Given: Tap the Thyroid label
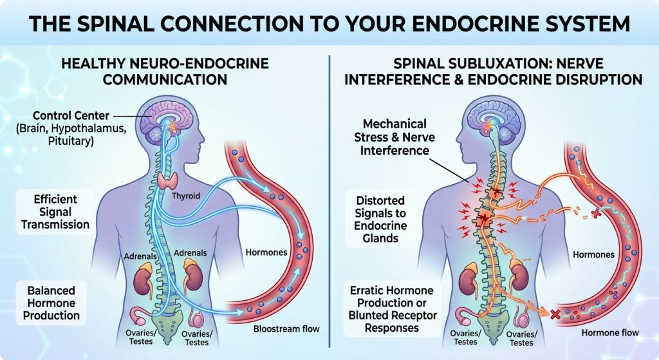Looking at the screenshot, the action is click(186, 196).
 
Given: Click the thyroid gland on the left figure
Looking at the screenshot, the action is click(168, 181).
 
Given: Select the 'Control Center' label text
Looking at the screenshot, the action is click(71, 116).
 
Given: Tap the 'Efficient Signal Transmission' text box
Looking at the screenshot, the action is click(55, 212).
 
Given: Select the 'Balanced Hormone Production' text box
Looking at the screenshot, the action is click(51, 303).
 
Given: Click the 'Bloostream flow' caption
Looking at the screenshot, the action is click(286, 329).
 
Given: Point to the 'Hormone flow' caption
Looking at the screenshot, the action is click(610, 333).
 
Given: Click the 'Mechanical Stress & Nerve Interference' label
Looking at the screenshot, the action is click(394, 137).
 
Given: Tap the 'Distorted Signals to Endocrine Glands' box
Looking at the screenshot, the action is click(380, 219).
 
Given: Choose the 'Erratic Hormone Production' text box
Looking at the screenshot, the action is click(393, 309).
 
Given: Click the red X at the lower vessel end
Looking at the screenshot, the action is click(555, 314).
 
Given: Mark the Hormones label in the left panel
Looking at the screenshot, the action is click(266, 252).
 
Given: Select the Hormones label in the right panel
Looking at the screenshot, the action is click(593, 254).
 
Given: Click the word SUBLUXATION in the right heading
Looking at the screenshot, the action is click(485, 64).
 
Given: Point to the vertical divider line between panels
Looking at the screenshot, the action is click(329, 201).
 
